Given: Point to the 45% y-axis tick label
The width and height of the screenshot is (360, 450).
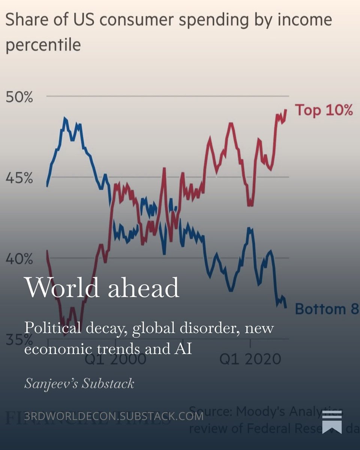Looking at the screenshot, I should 19,178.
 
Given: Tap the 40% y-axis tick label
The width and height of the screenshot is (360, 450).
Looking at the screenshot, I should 19,259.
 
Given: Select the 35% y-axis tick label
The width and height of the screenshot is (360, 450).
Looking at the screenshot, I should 15,340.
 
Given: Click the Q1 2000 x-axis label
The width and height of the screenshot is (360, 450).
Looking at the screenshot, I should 115,359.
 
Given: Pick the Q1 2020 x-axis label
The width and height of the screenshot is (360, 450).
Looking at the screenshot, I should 250,359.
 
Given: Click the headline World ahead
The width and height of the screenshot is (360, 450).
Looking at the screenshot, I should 102,288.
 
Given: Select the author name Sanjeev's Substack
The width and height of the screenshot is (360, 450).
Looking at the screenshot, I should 79,383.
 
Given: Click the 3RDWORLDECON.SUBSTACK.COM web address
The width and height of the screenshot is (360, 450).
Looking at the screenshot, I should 114,416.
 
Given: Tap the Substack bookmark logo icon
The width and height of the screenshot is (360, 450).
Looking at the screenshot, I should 332,421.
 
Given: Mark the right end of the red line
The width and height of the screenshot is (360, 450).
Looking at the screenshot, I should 286,110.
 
